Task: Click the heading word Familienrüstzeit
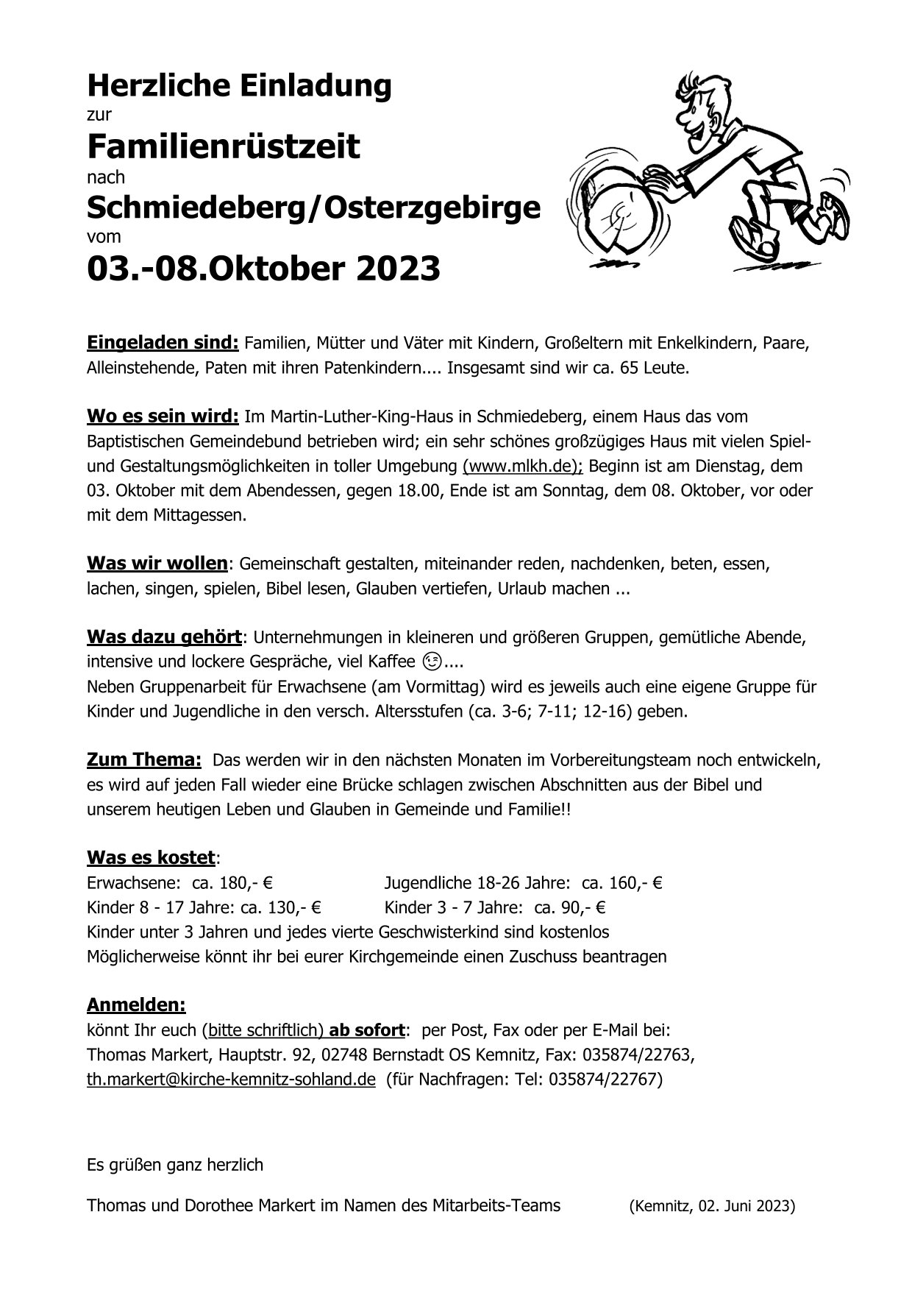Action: [224, 146]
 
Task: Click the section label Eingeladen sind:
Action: [163, 342]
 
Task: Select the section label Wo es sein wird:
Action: [163, 417]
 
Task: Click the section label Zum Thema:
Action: [144, 759]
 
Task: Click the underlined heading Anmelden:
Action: [136, 1004]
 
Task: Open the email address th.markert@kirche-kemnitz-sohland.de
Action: [231, 1080]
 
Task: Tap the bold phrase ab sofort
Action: [367, 1029]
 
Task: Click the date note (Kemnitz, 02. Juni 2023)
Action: [712, 1206]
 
